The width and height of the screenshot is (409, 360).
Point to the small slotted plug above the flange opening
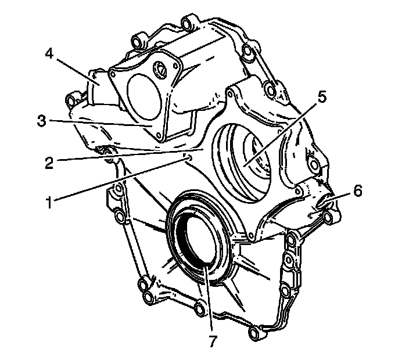158,71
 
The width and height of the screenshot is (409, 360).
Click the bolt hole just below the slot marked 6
331,218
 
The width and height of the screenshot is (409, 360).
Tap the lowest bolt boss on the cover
253,333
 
